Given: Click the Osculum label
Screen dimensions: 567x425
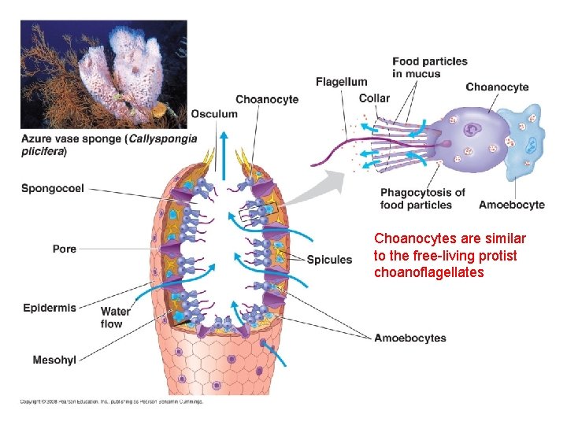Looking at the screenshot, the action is [x=213, y=114].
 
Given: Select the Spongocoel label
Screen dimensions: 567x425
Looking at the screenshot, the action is [x=53, y=189].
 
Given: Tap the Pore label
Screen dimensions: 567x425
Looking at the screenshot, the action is [x=65, y=249].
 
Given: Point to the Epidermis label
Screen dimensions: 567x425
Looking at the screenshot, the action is [x=50, y=308].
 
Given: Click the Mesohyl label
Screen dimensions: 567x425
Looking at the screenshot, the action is [x=54, y=360].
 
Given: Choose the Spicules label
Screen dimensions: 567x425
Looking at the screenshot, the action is [x=329, y=260].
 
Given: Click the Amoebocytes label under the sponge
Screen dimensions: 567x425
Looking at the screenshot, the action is [x=409, y=338].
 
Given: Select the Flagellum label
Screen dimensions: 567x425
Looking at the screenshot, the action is [x=341, y=82].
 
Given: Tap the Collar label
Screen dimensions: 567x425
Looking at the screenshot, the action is [x=373, y=98].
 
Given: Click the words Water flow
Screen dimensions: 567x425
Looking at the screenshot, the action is [x=116, y=318].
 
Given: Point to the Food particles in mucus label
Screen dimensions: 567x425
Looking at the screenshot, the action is [x=429, y=68].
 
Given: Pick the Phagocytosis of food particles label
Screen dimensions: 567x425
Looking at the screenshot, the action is [x=422, y=198].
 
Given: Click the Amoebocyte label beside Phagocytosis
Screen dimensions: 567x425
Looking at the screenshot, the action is [x=512, y=205].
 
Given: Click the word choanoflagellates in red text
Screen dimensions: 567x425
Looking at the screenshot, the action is [x=429, y=272].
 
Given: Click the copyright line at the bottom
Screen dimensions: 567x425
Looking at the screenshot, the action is [x=111, y=401].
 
